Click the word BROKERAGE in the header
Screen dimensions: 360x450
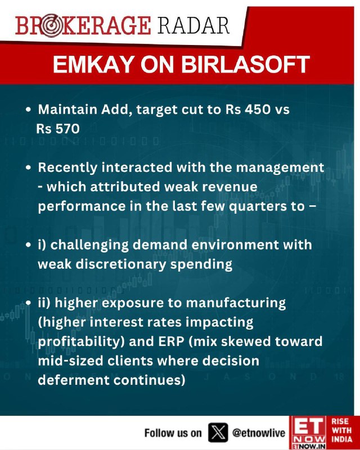(x=83, y=26)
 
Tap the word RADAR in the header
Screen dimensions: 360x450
(x=193, y=25)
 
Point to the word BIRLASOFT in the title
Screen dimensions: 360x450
(x=245, y=64)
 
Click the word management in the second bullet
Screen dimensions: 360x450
(x=280, y=168)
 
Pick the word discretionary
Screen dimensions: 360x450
(x=121, y=264)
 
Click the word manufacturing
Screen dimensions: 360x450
(x=236, y=304)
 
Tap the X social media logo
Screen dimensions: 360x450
(x=218, y=432)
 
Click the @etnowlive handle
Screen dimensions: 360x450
(x=259, y=433)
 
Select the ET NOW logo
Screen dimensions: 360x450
(x=308, y=433)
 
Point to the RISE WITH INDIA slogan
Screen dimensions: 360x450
(x=341, y=430)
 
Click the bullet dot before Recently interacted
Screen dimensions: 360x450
(x=28, y=168)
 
